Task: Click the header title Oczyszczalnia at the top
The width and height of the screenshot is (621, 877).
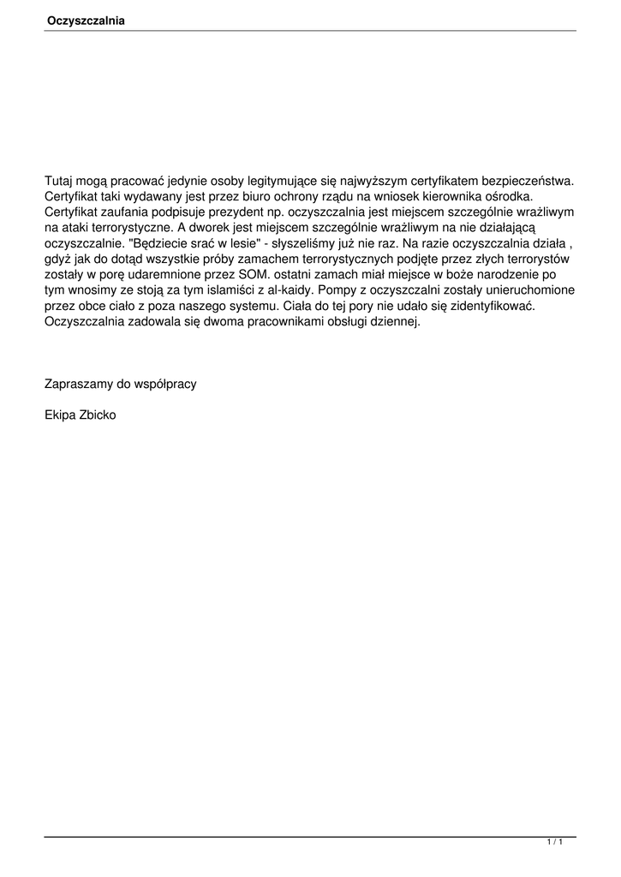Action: [x=86, y=21]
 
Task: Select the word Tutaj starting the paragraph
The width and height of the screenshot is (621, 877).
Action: [x=59, y=181]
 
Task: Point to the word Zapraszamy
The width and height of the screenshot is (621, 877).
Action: [x=80, y=384]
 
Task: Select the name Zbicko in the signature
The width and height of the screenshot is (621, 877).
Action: [x=98, y=415]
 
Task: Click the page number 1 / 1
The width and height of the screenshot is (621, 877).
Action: [x=555, y=844]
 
